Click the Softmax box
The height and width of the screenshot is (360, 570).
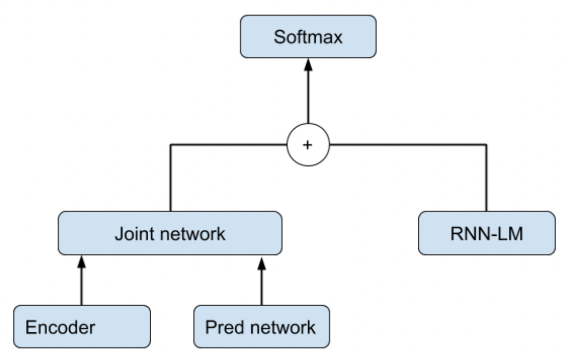pyautogui.click(x=308, y=37)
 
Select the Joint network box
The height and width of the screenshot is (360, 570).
pyautogui.click(x=170, y=233)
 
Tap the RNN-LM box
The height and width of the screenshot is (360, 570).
pyautogui.click(x=486, y=233)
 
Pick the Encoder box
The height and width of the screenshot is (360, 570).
pyautogui.click(x=82, y=327)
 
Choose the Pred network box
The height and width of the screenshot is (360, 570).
pyautogui.click(x=261, y=327)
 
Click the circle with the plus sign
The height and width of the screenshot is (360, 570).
pyautogui.click(x=308, y=145)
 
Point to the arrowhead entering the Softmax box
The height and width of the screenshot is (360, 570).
pyautogui.click(x=308, y=65)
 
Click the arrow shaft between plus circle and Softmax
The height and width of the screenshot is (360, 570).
pyautogui.click(x=308, y=97)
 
